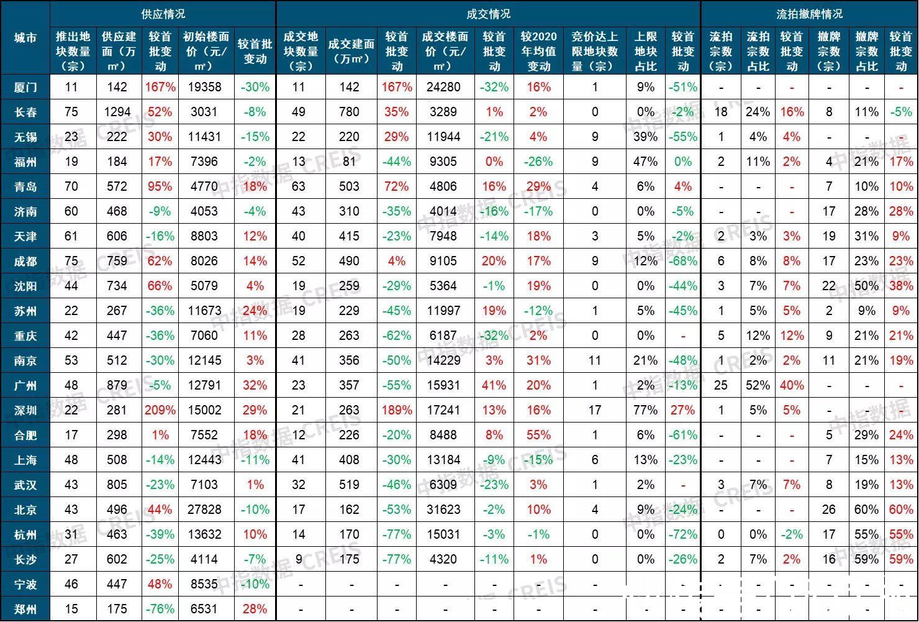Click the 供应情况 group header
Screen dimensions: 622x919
163,14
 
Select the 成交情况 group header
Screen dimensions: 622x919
488,14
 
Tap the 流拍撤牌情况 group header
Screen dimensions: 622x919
809,14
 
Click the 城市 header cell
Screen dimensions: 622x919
25,38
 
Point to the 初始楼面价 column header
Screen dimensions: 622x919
206,52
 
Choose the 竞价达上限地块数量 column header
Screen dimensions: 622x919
594,52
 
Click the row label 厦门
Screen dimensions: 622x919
25,88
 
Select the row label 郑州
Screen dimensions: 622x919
25,610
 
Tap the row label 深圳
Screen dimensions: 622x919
25,411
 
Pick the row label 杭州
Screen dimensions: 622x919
25,535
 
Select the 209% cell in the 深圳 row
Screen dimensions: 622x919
160,410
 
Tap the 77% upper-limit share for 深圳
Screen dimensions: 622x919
646,410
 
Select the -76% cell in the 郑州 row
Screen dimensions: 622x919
160,609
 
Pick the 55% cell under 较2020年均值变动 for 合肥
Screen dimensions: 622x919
538,435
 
